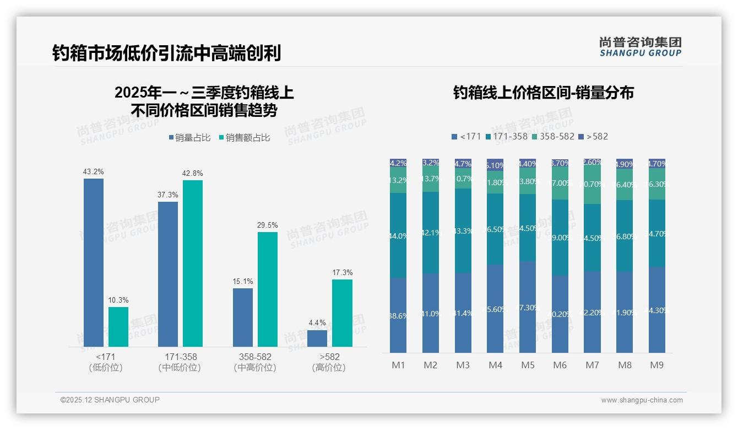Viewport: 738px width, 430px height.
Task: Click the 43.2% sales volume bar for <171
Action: coord(94,262)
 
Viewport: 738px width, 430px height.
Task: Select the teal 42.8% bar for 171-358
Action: coord(193,264)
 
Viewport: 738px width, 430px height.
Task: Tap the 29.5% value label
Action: coord(267,225)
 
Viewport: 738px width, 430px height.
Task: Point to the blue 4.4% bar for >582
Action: coord(317,338)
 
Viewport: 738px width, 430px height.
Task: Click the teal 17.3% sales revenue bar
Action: coord(342,313)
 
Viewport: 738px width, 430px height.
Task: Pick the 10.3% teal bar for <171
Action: coord(118,327)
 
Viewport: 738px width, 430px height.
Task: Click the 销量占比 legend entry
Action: coord(190,138)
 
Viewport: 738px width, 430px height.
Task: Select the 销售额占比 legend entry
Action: coord(245,138)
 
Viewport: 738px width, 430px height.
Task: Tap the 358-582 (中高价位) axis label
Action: coord(255,362)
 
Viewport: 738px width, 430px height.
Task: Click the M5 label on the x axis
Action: coord(528,365)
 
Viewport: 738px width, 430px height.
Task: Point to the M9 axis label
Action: coord(657,365)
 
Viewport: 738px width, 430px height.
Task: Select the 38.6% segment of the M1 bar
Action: coord(398,315)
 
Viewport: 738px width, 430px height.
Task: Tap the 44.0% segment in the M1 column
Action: coord(398,235)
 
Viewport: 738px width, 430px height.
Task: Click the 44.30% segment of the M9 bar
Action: coord(657,310)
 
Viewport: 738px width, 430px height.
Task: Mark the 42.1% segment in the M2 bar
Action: coord(431,233)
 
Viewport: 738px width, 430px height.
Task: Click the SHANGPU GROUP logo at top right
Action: coord(640,47)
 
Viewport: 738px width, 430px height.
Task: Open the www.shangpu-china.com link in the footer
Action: coord(642,400)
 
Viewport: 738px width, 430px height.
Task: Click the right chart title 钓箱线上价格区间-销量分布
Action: coord(543,93)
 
